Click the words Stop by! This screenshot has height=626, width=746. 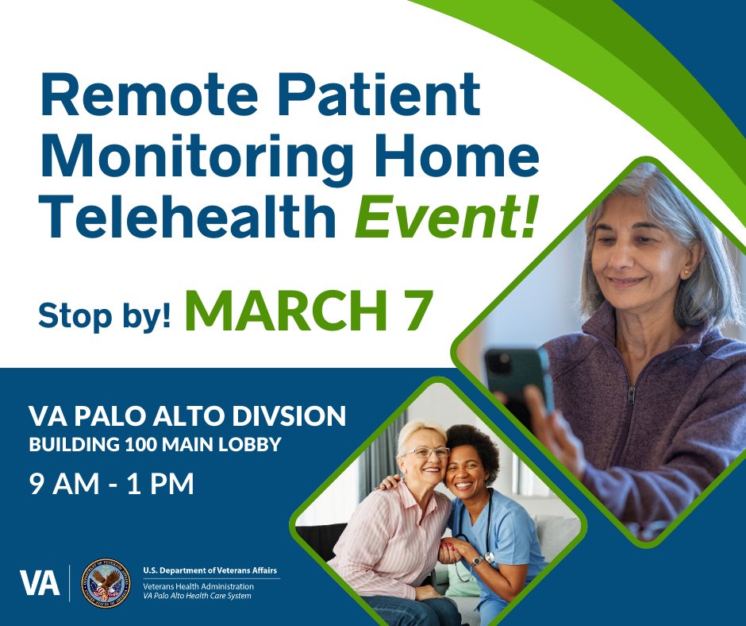coord(104,315)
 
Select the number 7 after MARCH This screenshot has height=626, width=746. coord(417,311)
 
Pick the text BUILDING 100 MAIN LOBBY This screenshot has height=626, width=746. coord(155,445)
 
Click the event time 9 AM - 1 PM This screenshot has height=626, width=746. coord(111,484)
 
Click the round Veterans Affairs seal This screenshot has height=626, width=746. coord(107,582)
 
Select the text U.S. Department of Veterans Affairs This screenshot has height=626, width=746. coord(210,570)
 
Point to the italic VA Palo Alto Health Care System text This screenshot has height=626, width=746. coord(197,596)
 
